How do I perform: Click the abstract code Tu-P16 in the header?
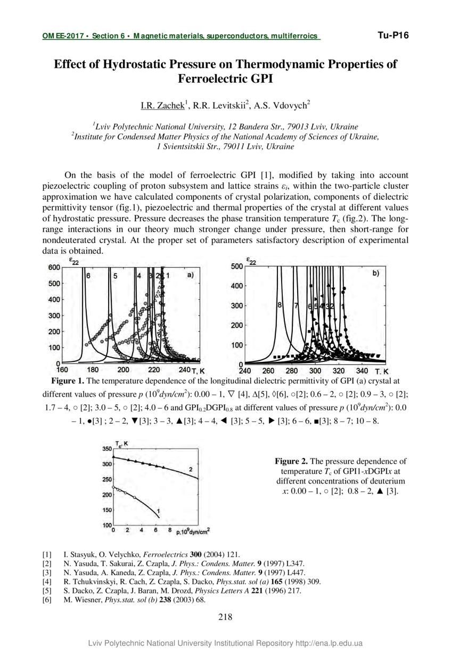(393, 36)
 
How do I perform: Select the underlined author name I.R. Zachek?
(162, 106)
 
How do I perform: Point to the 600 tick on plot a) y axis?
(54, 268)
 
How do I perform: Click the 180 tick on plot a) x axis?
(93, 370)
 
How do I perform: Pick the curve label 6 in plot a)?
(88, 276)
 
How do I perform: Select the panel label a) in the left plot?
(190, 275)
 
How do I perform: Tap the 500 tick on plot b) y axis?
(237, 267)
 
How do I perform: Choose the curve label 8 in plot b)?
(279, 305)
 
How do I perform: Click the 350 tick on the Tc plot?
(106, 449)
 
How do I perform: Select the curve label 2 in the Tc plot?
(191, 469)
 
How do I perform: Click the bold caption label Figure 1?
(68, 381)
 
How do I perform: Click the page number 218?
(225, 617)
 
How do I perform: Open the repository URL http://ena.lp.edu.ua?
(329, 643)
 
